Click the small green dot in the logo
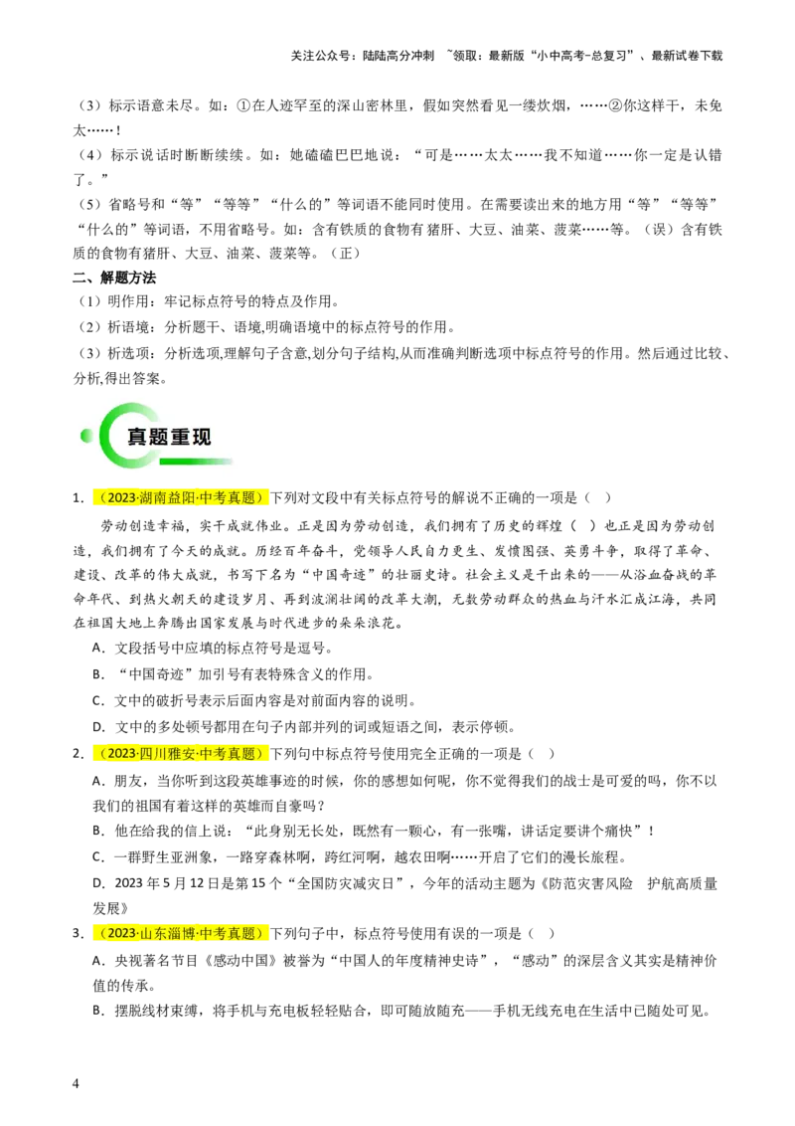pos(86,435)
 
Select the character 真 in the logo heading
pos(137,437)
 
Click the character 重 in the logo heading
pos(180,437)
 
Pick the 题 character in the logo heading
pos(158,437)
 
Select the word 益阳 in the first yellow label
pos(182,498)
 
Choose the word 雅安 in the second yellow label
pos(182,754)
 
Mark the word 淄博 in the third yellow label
pos(182,934)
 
